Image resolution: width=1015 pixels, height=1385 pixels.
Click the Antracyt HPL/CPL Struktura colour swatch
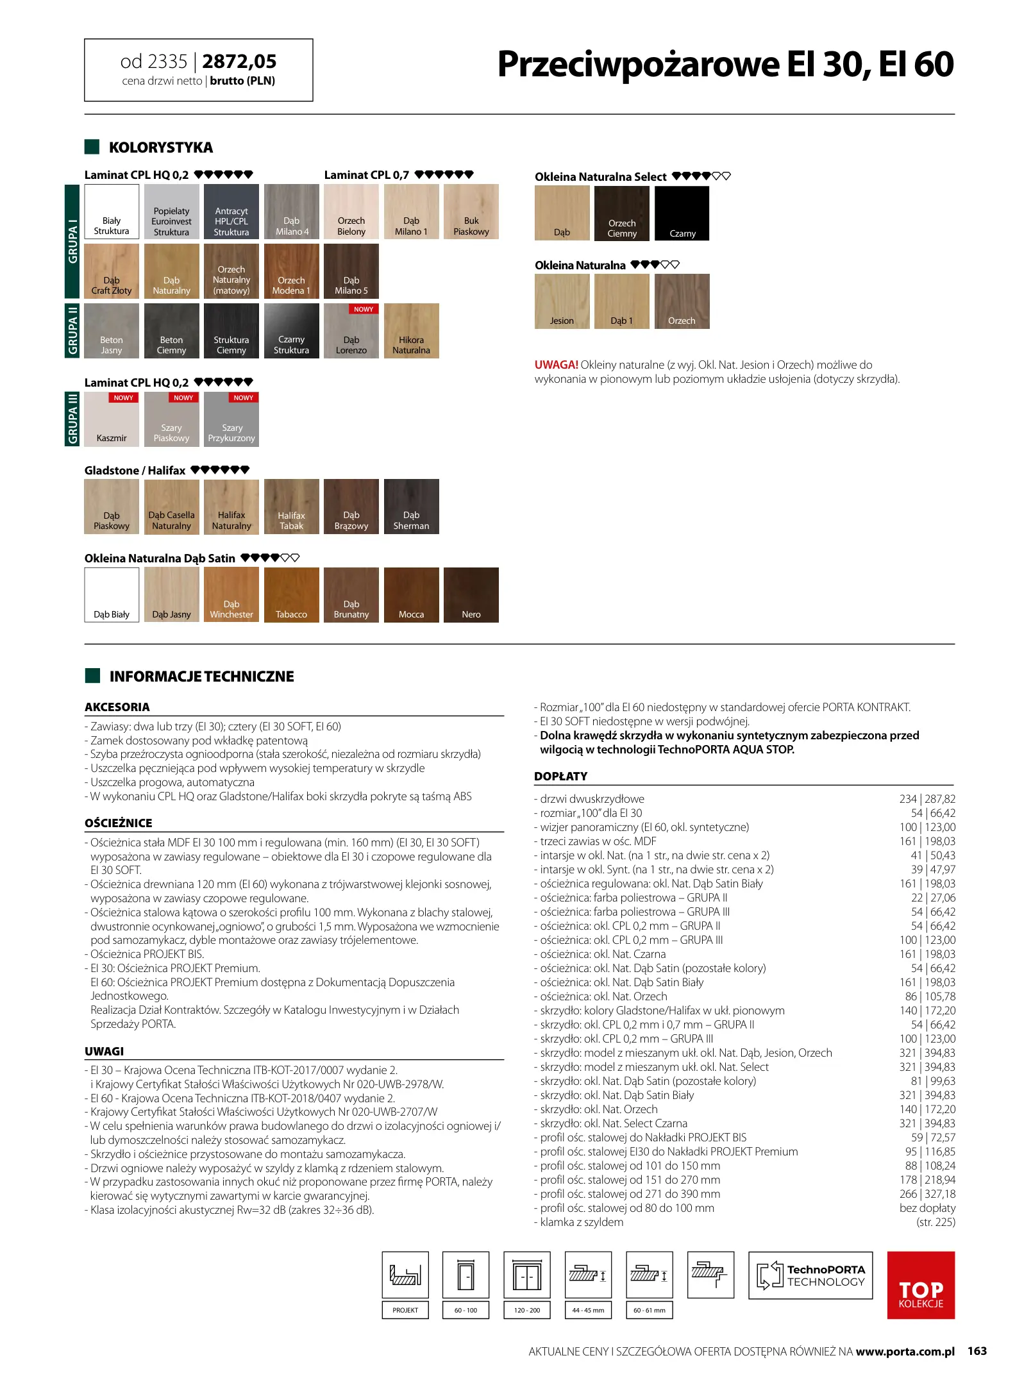click(231, 212)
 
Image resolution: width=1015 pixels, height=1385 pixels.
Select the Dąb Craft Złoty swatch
click(112, 271)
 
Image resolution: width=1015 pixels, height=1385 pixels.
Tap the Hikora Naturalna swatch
click(411, 331)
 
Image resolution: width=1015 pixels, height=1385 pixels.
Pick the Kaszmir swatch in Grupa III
click(112, 419)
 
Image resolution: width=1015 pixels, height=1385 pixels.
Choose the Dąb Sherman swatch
click(411, 507)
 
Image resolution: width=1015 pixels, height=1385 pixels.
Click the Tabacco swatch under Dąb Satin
click(291, 594)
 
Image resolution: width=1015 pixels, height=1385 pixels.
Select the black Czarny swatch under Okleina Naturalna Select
click(682, 214)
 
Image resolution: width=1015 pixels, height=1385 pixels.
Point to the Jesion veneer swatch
click(562, 301)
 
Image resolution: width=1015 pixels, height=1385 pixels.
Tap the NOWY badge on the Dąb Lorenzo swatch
click(364, 309)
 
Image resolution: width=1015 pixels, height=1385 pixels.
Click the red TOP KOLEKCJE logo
click(921, 1285)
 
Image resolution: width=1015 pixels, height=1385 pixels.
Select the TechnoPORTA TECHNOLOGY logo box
click(810, 1275)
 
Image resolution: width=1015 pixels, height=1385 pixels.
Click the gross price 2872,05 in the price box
click(239, 62)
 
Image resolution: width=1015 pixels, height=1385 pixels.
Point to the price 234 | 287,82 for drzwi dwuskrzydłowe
click(927, 799)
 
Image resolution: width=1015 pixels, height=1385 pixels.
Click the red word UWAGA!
click(556, 365)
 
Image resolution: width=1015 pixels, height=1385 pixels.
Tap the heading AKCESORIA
click(117, 707)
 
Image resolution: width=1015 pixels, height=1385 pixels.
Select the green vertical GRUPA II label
click(72, 330)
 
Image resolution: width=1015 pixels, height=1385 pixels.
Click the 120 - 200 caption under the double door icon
click(527, 1310)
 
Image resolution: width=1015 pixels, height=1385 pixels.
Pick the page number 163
click(977, 1351)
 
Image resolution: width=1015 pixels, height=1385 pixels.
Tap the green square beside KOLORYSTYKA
click(92, 147)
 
